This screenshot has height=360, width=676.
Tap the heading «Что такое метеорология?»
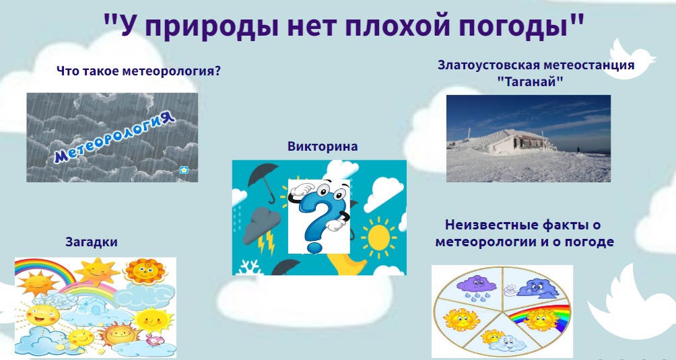pos(139,71)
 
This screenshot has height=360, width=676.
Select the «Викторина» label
pos(323,147)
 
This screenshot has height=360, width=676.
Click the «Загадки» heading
pos(92,242)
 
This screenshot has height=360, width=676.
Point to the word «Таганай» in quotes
pos(531,81)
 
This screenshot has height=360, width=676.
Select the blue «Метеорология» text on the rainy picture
pos(114,137)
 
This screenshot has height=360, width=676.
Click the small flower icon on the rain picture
pos(184,170)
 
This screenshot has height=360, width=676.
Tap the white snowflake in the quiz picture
pos(248,267)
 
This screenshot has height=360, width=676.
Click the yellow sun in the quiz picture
pos(378,236)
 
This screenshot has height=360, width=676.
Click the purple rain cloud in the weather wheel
pos(476,287)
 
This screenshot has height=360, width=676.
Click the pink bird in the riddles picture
pos(153,340)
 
